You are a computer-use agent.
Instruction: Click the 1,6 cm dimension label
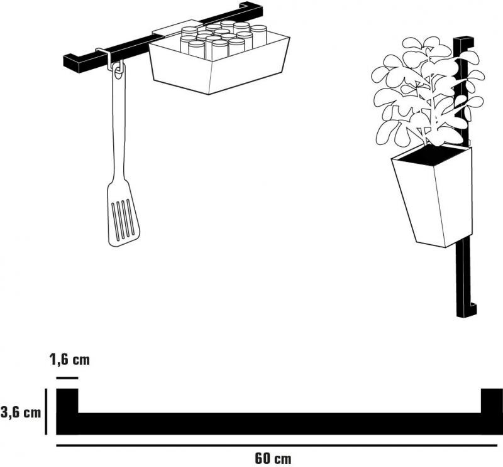[x=70, y=360]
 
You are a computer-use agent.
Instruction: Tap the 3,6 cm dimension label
[x=21, y=412]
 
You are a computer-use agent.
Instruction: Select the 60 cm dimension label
[x=274, y=458]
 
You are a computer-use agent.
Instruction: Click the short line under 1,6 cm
[x=67, y=378]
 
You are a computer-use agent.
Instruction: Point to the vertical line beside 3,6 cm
[x=46, y=412]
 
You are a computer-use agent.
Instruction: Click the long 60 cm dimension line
[x=277, y=445]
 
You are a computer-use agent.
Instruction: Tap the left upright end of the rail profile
[x=67, y=401]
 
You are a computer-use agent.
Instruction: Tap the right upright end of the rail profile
[x=492, y=401]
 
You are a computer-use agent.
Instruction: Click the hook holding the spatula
[x=108, y=58]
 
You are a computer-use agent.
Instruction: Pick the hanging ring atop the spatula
[x=118, y=70]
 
